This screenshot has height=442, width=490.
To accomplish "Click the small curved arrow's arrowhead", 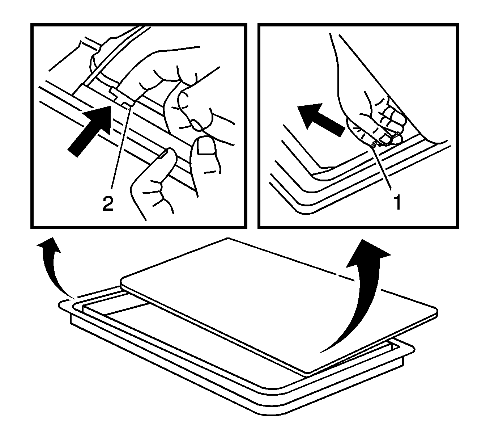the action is [x=49, y=245].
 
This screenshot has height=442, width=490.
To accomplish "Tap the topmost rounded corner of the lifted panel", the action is [x=228, y=239].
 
